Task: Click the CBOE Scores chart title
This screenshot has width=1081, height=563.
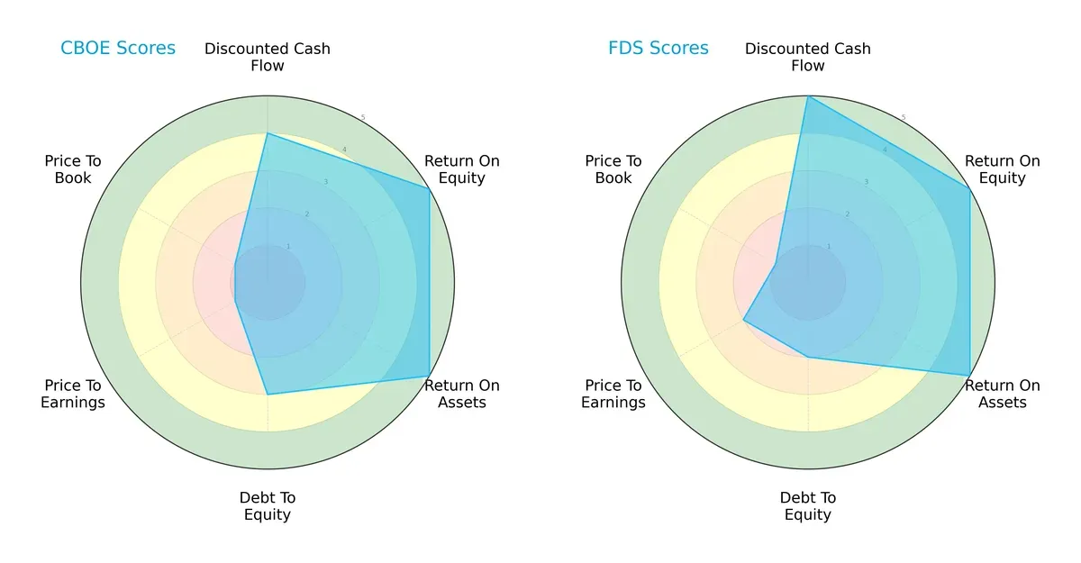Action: pos(118,48)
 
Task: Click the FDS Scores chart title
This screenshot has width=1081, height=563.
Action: pos(659,48)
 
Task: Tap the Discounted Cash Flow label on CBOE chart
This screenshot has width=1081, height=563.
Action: pos(268,57)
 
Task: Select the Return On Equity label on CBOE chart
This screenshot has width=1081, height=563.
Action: pos(462,169)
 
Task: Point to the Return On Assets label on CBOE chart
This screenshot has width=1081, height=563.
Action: pos(462,394)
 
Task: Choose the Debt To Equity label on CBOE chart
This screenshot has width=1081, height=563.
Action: pos(268,506)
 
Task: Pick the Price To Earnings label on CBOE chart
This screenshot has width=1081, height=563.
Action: pos(73,394)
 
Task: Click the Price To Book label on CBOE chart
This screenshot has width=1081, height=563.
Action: pos(73,169)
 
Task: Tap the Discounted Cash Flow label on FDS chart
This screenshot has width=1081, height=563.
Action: pos(808,57)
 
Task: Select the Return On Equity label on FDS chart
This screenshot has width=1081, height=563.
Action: pos(1003,169)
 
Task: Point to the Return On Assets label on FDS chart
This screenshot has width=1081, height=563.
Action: pos(1003,394)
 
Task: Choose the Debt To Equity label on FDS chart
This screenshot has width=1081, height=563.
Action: pos(808,506)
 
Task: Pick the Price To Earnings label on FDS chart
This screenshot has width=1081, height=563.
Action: pos(613,394)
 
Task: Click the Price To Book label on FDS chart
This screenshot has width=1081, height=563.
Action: pos(613,169)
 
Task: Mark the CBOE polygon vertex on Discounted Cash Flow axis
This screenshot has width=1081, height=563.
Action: pos(268,133)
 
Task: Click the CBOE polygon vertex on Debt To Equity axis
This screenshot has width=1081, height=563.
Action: pos(268,395)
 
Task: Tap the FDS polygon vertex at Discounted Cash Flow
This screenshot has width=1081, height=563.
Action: pos(808,96)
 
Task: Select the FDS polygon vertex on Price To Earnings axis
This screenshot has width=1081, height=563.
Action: pos(743,320)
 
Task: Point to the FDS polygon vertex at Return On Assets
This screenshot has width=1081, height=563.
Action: pos(970,376)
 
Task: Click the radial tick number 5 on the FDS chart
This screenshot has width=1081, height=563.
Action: pos(904,118)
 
